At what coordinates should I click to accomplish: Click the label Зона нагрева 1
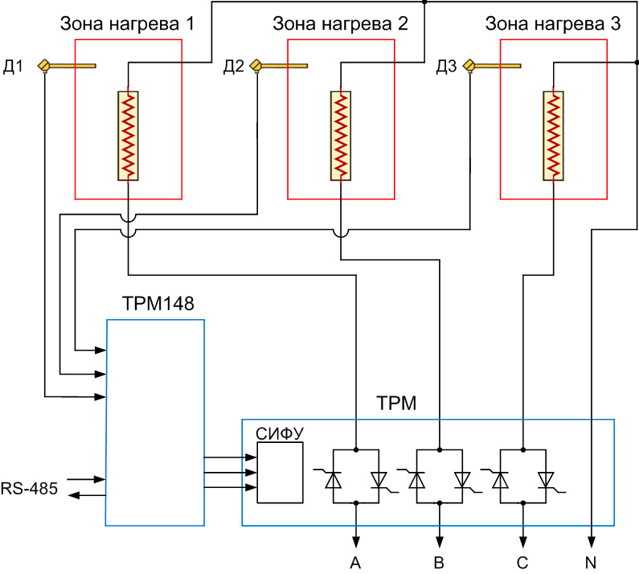(x=128, y=24)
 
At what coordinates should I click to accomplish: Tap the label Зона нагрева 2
(x=341, y=24)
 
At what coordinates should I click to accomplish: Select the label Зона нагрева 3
(x=553, y=24)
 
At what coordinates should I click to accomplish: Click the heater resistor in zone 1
(x=129, y=136)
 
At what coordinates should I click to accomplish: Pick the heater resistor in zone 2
(x=341, y=136)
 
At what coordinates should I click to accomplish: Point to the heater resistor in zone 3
(x=553, y=136)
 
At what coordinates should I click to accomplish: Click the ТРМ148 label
(x=158, y=304)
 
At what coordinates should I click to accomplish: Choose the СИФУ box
(x=281, y=473)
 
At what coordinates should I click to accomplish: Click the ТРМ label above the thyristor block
(x=396, y=404)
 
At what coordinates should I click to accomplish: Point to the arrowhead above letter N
(x=592, y=541)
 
